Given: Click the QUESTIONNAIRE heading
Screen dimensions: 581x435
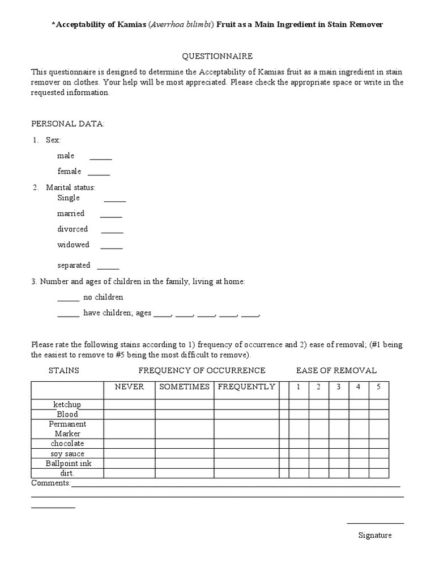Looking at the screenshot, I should (217, 56).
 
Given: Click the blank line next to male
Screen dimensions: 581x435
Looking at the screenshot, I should (101, 158).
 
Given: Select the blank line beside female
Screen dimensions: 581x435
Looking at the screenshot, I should (99, 173).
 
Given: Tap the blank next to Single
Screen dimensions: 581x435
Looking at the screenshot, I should (115, 200).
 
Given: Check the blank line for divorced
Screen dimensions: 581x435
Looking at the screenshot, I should (112, 231).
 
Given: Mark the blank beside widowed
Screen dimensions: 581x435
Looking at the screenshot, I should (112, 247).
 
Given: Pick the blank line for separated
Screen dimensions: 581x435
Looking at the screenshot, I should (108, 267).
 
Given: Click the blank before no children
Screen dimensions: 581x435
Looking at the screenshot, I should (69, 299).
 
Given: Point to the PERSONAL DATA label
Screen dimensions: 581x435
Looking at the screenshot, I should (67, 124).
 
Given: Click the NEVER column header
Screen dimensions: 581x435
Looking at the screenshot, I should (129, 387).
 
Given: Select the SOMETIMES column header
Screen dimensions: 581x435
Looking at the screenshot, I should (185, 387).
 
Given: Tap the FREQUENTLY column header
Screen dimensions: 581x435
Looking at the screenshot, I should (246, 387).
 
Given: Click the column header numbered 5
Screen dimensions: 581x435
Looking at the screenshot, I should (378, 387).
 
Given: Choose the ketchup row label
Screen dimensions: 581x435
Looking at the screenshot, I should (67, 405).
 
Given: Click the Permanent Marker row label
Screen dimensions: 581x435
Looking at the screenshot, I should (67, 429).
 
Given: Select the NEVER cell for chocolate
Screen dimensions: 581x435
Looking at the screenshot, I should (129, 444).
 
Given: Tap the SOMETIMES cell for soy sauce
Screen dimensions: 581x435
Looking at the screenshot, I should (185, 454).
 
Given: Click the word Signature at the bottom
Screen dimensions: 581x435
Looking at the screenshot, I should (374, 535).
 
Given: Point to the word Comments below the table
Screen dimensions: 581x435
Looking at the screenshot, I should (50, 483).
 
